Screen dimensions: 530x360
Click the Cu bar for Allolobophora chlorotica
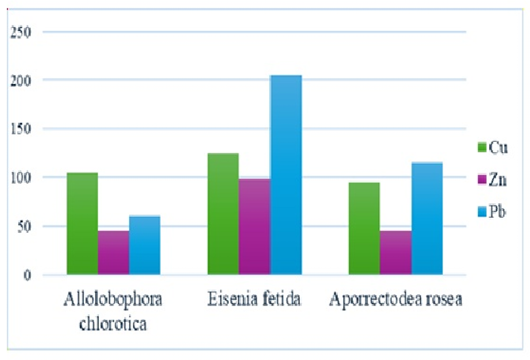[82, 223]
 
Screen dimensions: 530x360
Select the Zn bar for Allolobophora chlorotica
[114, 253]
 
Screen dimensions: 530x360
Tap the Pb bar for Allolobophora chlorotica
[145, 245]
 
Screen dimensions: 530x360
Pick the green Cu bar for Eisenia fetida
[223, 214]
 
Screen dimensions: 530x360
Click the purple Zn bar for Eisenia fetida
[254, 226]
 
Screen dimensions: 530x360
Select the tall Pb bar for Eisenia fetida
[286, 175]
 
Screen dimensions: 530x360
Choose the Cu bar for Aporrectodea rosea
[364, 229]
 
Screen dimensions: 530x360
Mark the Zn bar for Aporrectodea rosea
[396, 253]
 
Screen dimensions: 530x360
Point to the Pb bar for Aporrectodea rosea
[427, 218]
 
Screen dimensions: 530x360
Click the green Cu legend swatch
[482, 147]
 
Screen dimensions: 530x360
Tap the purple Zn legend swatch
[482, 180]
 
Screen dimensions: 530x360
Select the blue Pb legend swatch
[482, 212]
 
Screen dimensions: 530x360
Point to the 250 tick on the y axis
[21, 32]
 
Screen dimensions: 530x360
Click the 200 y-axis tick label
[21, 81]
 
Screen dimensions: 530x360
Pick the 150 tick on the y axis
[21, 129]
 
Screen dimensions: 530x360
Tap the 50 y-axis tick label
[24, 226]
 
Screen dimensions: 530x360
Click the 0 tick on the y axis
[27, 275]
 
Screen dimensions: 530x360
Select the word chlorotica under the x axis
[113, 324]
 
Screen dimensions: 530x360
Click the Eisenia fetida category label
[254, 299]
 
